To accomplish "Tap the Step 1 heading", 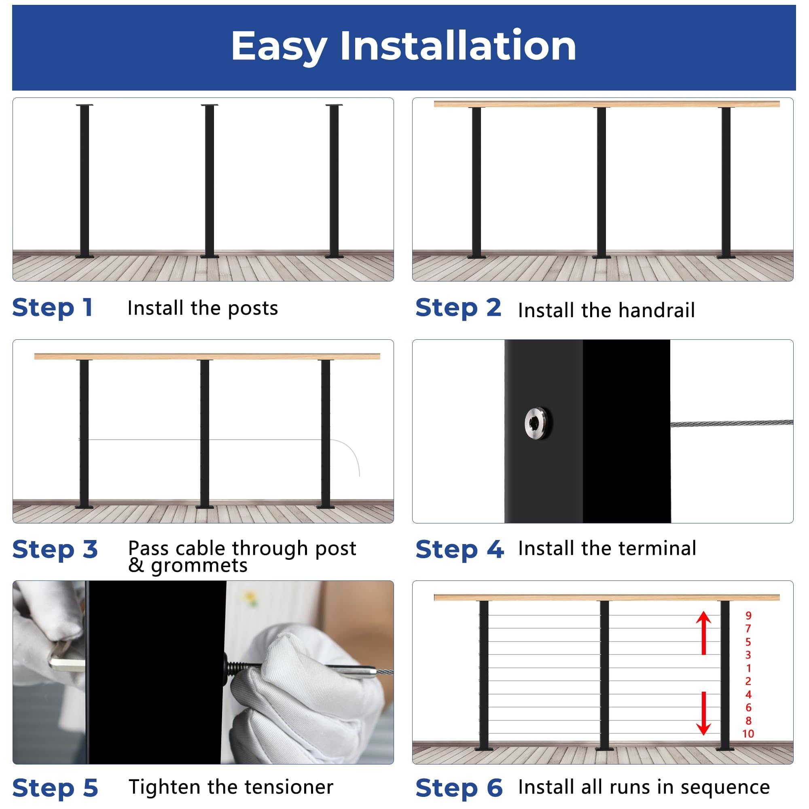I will pyautogui.click(x=52, y=308).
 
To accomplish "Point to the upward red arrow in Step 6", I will pyautogui.click(x=703, y=633).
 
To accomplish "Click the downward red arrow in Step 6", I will pyautogui.click(x=703, y=713).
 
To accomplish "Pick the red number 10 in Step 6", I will pyautogui.click(x=748, y=733).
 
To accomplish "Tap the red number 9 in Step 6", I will pyautogui.click(x=748, y=616).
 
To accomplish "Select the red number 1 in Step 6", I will pyautogui.click(x=748, y=668).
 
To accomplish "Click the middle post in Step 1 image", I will pyautogui.click(x=210, y=180).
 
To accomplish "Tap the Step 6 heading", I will pyautogui.click(x=459, y=788).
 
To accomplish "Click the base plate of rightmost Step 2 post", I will pyautogui.click(x=726, y=256).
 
